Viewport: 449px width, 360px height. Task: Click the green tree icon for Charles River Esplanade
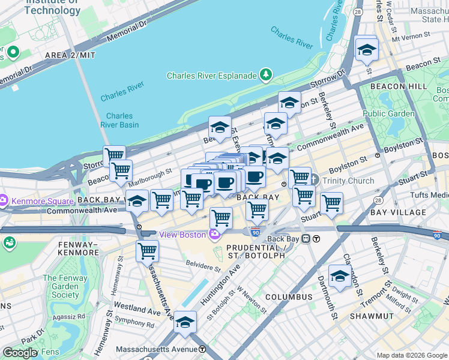coord(265,76)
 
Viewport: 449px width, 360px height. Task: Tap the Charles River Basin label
coord(122,120)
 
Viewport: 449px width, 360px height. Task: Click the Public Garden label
coord(388,113)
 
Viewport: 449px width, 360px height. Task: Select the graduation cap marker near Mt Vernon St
coord(366,49)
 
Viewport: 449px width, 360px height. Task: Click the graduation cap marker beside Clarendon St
coord(340,275)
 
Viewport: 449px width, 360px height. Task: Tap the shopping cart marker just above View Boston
coord(221,218)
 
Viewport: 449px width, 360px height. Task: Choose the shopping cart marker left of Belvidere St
coord(147,250)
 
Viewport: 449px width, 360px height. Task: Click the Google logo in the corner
coord(20,353)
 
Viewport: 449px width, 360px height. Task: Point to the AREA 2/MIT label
coord(70,55)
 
